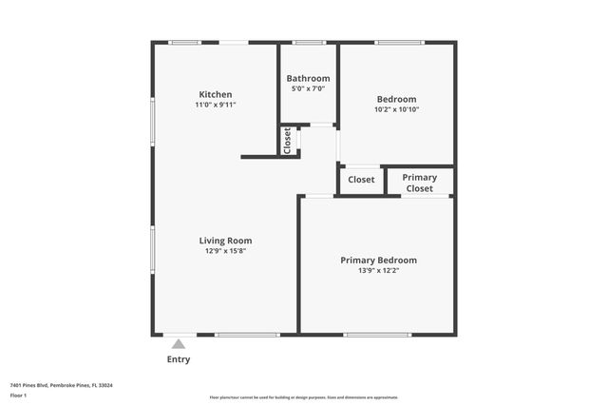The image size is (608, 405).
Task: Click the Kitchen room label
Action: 216,94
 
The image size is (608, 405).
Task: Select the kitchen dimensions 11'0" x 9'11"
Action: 216,105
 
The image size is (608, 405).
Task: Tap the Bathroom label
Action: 308,78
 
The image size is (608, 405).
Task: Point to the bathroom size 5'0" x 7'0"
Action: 308,88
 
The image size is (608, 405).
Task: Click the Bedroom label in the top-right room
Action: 396,99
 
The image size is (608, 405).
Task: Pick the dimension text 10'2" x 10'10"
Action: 396,109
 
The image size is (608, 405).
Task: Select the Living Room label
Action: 225,241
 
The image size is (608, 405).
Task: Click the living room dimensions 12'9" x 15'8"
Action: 225,251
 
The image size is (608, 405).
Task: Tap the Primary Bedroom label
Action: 378,260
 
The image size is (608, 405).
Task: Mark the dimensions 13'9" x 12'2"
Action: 378,270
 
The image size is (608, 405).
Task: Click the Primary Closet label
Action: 419,183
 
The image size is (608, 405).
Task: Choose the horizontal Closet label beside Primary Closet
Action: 361,179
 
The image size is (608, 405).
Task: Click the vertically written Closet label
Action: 287,140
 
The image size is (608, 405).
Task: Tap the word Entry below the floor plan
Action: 179,359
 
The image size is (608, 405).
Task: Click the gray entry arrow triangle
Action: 179,343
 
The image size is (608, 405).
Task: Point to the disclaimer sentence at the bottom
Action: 303,397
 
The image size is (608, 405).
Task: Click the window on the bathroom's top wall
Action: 308,42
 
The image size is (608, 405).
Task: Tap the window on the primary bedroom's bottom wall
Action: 377,335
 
